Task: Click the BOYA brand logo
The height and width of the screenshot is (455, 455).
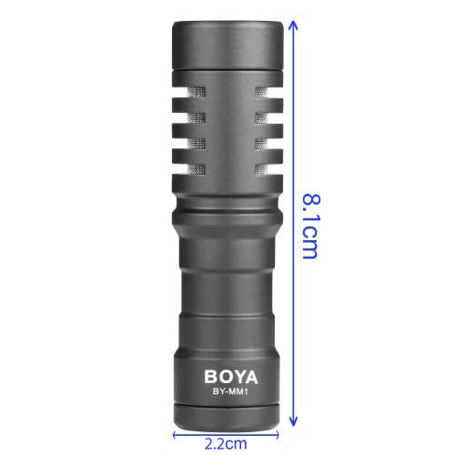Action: point(231,377)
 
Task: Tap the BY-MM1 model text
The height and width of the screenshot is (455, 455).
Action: point(230,391)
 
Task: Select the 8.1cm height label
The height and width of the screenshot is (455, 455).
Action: point(311,226)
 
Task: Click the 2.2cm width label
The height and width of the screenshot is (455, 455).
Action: point(226,444)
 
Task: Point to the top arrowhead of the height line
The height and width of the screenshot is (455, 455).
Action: point(293,25)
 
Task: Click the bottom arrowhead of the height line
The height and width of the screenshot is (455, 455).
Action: point(293,421)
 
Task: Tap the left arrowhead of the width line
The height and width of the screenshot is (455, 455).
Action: point(176,435)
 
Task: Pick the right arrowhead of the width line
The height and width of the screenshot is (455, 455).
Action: point(276,435)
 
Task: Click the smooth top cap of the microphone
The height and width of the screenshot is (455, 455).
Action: point(227,45)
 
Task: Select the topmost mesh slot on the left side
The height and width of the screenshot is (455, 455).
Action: point(197,93)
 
